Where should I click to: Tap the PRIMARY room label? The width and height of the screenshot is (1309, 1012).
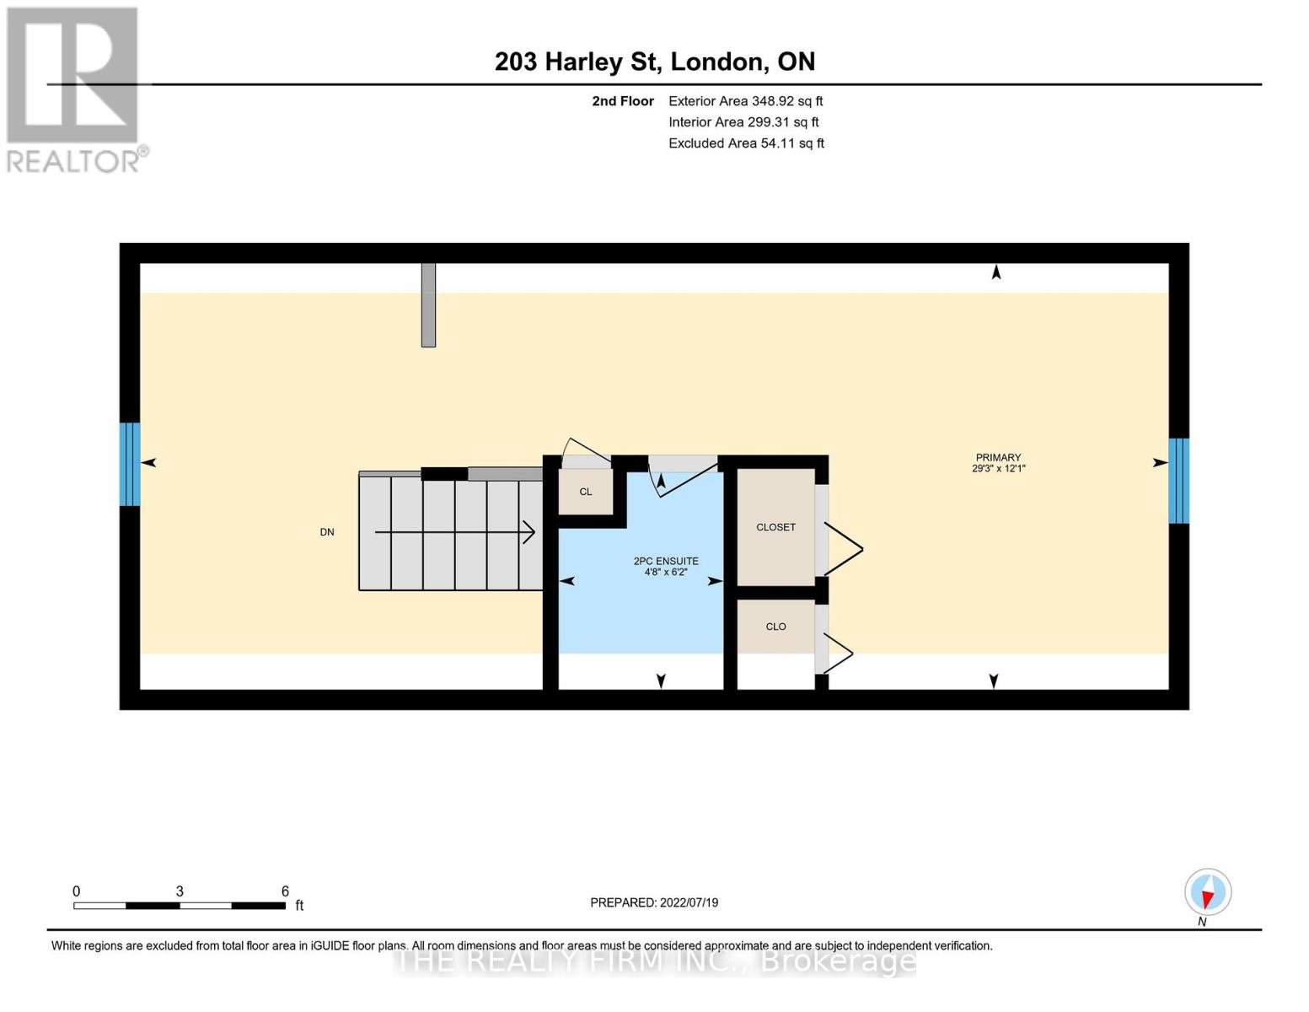tap(998, 458)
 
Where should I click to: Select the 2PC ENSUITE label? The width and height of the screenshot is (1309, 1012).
tap(666, 561)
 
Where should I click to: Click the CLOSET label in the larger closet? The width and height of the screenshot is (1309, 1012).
tap(775, 527)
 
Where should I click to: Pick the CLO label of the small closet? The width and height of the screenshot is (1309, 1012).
tap(775, 627)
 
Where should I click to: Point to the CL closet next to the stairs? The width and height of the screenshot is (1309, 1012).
tap(585, 492)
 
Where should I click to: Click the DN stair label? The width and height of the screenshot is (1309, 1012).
tap(327, 532)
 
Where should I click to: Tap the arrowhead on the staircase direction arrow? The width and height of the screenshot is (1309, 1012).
tap(529, 532)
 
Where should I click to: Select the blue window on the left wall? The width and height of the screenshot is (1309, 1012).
tap(130, 464)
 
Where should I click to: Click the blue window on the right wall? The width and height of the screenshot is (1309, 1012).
tap(1178, 481)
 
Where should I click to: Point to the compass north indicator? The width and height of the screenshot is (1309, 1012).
tap(1208, 892)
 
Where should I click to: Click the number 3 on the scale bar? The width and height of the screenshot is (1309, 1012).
tap(180, 891)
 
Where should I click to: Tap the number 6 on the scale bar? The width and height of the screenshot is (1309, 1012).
tap(285, 891)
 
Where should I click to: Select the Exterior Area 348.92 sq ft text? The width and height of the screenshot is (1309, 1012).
tap(745, 100)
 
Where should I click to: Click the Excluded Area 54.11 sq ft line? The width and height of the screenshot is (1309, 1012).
tap(746, 143)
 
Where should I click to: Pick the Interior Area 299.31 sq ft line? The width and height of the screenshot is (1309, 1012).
tap(743, 122)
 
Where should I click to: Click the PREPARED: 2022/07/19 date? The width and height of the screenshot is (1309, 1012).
tap(654, 902)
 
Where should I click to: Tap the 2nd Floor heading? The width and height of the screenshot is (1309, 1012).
tap(623, 101)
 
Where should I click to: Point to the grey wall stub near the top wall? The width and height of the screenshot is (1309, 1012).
tap(428, 304)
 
